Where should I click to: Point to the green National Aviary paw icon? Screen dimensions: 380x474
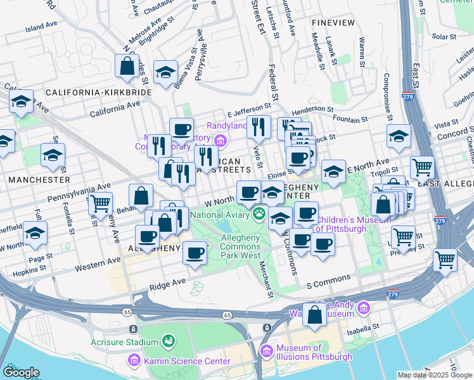coord(259,214)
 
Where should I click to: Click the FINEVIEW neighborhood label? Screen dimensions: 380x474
coord(333,22)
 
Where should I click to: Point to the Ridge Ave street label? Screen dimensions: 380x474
coord(167,286)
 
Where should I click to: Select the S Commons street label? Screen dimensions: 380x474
coord(328,279)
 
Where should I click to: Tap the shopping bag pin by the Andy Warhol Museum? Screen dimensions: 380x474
coord(314,315)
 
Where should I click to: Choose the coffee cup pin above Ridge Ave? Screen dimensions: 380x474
coord(195,253)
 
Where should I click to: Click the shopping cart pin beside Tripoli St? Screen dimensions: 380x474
coord(422,168)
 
